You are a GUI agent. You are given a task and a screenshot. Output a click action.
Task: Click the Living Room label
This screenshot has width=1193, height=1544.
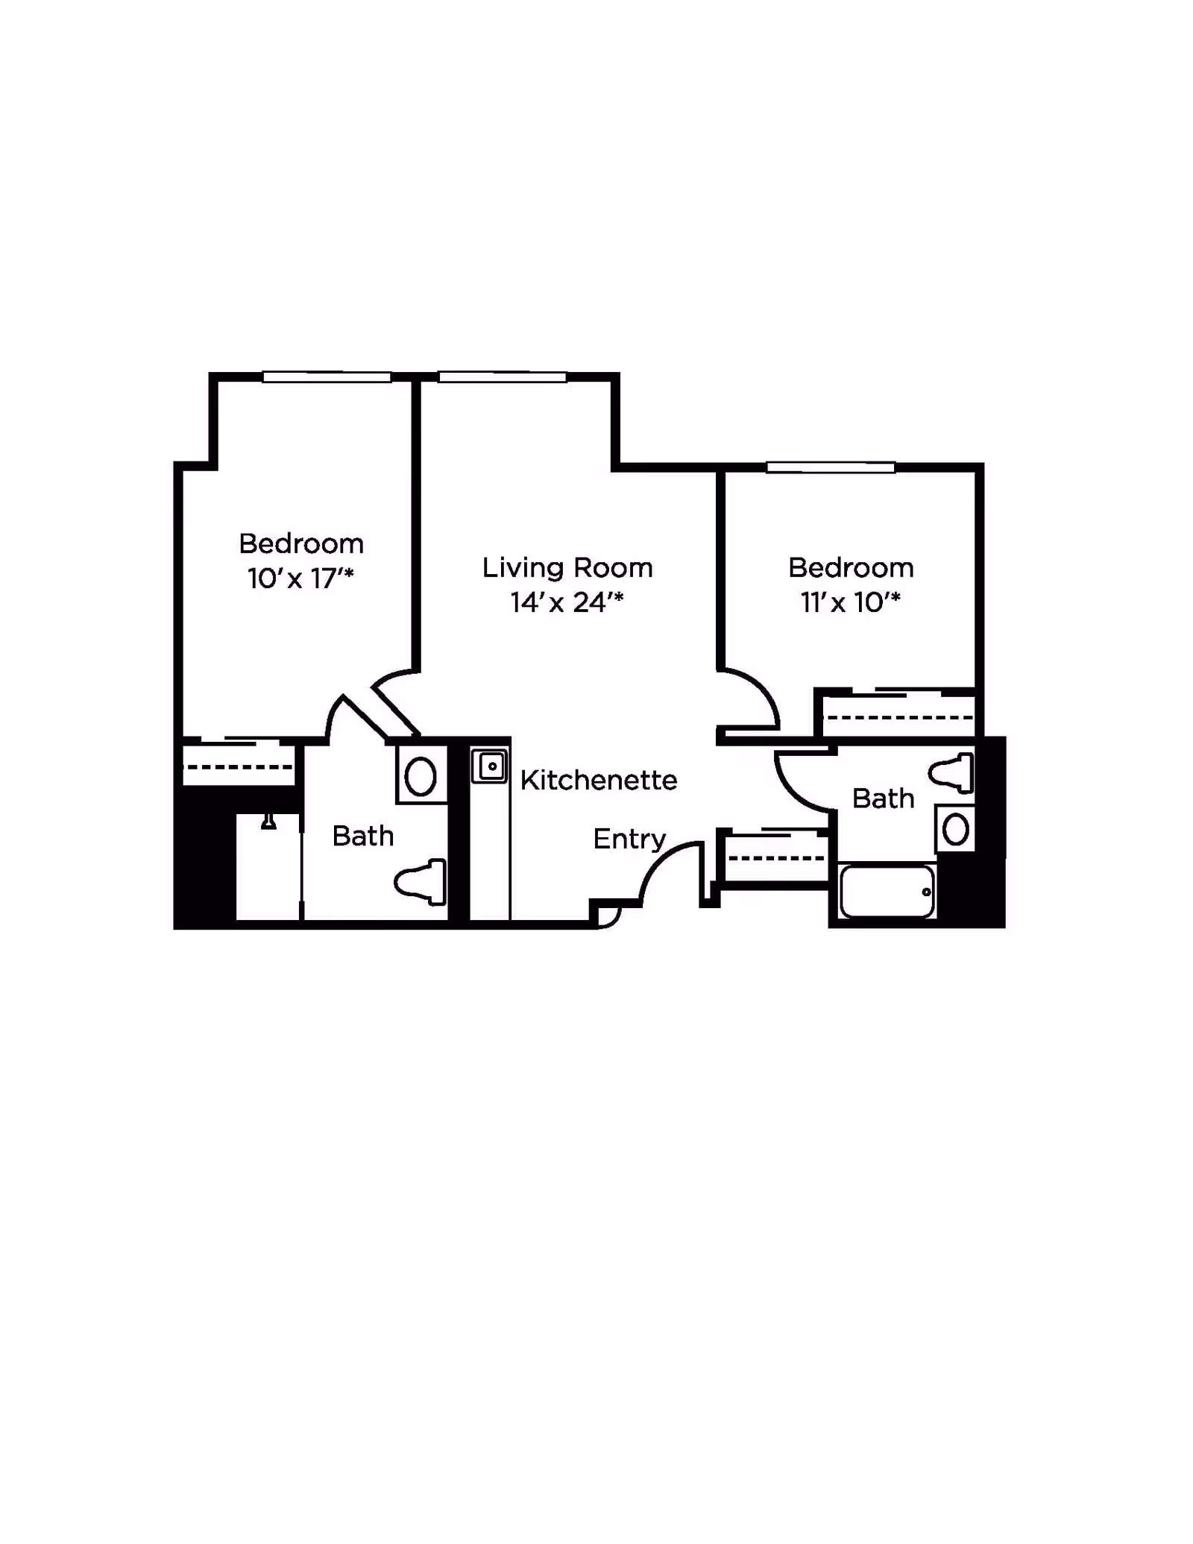tap(567, 568)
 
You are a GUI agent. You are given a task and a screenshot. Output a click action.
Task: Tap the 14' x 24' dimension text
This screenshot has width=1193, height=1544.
tap(567, 602)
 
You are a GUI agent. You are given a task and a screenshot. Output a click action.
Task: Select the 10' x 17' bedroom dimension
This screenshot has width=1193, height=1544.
tap(300, 579)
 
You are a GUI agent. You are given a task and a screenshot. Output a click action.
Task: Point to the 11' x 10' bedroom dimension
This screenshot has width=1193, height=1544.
tap(851, 602)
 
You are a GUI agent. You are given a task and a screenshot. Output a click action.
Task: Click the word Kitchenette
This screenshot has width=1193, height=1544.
tap(599, 781)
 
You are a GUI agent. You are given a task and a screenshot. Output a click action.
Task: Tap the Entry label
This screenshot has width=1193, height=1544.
tap(629, 839)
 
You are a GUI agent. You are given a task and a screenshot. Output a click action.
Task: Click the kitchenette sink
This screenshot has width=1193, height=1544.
tap(490, 766)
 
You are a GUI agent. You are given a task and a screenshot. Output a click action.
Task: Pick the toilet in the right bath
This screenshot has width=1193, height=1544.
tap(952, 772)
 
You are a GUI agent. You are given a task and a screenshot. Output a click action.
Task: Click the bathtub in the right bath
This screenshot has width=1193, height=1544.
tap(887, 892)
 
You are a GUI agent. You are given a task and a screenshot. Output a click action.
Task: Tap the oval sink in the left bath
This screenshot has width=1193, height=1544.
tap(421, 777)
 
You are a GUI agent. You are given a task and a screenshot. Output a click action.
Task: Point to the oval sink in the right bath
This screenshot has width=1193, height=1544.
tap(956, 829)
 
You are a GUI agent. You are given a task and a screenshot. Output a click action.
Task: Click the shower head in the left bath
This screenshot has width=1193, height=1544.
tap(268, 822)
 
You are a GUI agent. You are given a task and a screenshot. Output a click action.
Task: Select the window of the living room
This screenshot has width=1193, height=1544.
tap(502, 377)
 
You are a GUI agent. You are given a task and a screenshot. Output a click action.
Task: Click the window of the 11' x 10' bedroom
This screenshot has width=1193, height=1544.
tap(831, 467)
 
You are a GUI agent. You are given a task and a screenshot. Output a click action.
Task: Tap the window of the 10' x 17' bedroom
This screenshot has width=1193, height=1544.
tap(327, 377)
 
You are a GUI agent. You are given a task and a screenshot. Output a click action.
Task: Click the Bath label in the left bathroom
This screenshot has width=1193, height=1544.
tap(363, 836)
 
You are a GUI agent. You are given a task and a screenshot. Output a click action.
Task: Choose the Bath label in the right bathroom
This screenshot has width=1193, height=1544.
tap(884, 798)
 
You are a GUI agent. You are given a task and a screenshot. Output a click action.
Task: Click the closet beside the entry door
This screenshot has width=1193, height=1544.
tap(776, 858)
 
